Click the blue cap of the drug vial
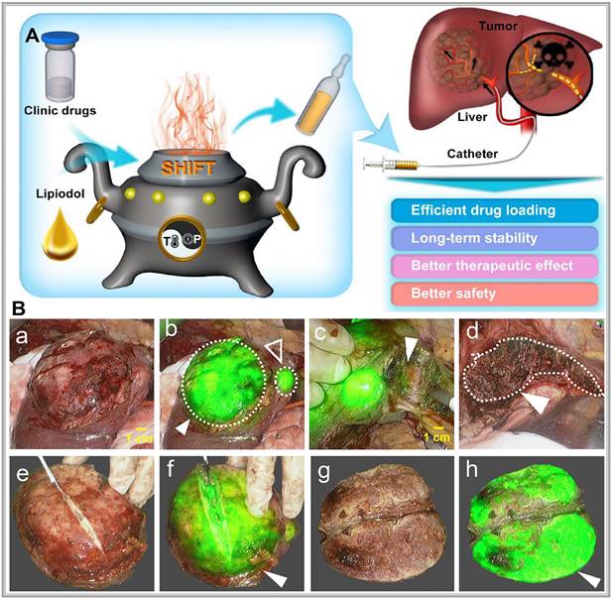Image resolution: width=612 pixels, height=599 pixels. click(x=61, y=39)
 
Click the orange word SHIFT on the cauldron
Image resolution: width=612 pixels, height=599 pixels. click(x=188, y=168)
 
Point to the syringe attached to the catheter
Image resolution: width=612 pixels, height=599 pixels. click(x=391, y=165)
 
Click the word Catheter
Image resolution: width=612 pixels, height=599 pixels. click(x=472, y=154)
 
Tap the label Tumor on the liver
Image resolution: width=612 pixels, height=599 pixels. click(x=498, y=26)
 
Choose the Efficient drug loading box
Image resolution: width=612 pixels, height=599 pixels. click(x=495, y=210)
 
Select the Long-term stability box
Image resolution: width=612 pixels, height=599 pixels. click(x=495, y=238)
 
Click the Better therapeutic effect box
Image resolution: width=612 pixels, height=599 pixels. click(x=495, y=266)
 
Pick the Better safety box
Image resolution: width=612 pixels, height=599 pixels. click(x=495, y=294)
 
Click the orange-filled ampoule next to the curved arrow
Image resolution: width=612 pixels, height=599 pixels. click(x=322, y=95)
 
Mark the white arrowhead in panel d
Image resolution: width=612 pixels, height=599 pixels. click(x=539, y=403)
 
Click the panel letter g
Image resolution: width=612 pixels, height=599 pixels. click(x=323, y=473)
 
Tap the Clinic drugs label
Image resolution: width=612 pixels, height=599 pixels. click(x=61, y=110)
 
